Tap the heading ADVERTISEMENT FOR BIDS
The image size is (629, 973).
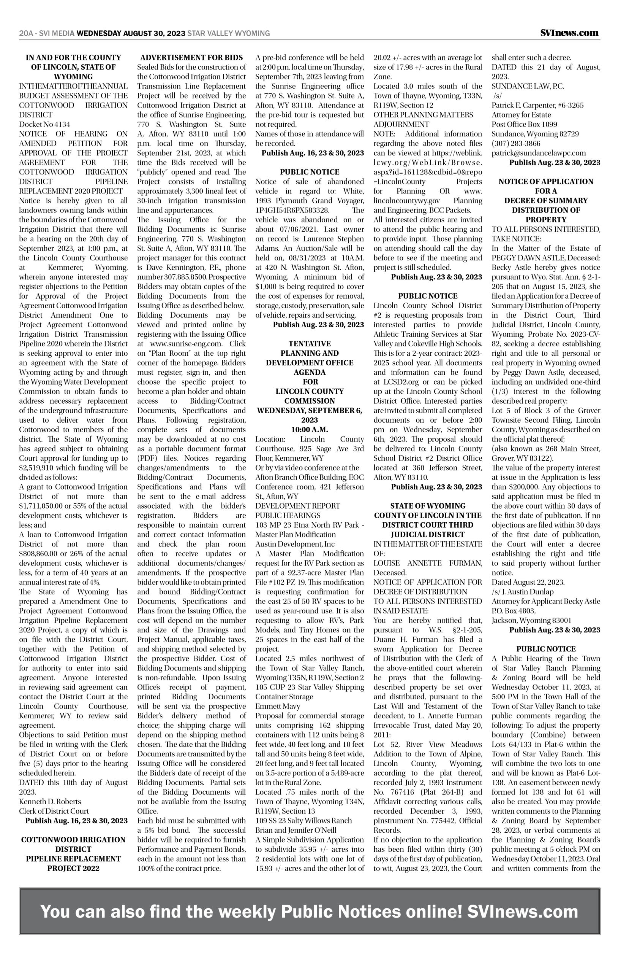(x=191, y=58)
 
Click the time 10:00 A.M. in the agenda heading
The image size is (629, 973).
(x=309, y=429)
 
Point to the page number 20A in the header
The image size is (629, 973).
(x=26, y=33)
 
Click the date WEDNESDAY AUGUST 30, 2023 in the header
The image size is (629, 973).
(x=131, y=33)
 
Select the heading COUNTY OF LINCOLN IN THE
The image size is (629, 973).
(x=428, y=515)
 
